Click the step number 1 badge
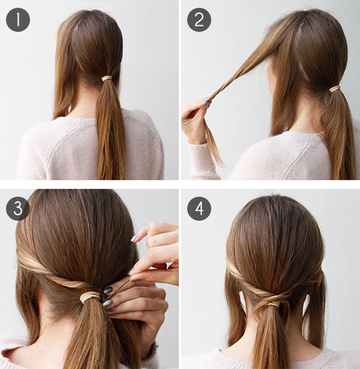point(18,20)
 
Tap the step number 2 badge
point(199,20)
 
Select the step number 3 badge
point(18,209)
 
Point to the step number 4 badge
point(199,209)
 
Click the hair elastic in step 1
point(107,79)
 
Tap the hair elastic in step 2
point(335,89)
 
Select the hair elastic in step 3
point(90,297)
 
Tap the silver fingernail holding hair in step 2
point(207,105)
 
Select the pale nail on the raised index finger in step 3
point(134,238)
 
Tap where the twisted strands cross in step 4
point(270,296)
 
